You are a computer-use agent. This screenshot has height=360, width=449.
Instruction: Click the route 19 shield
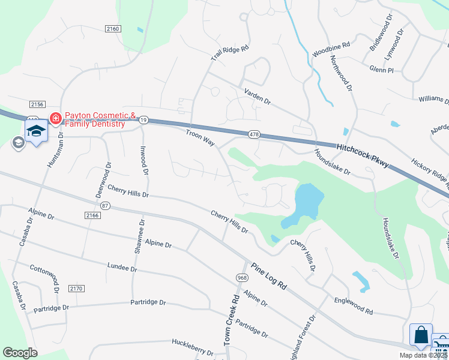[x=143, y=121]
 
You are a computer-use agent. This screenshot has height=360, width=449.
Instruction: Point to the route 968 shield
[x=242, y=277]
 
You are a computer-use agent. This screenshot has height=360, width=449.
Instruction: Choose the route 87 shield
[x=106, y=205]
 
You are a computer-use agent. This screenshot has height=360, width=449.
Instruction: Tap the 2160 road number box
[x=113, y=29]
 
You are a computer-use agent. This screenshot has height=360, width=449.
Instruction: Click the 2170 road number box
[x=75, y=289]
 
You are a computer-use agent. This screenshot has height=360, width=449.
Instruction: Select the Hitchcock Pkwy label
[x=362, y=155]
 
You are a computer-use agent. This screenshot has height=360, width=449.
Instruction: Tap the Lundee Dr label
[x=122, y=265]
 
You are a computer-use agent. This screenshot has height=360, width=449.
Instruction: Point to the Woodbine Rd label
[x=331, y=50]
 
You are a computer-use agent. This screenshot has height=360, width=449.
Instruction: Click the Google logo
[x=20, y=353]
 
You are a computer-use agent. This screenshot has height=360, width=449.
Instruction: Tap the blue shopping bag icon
[x=421, y=335]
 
